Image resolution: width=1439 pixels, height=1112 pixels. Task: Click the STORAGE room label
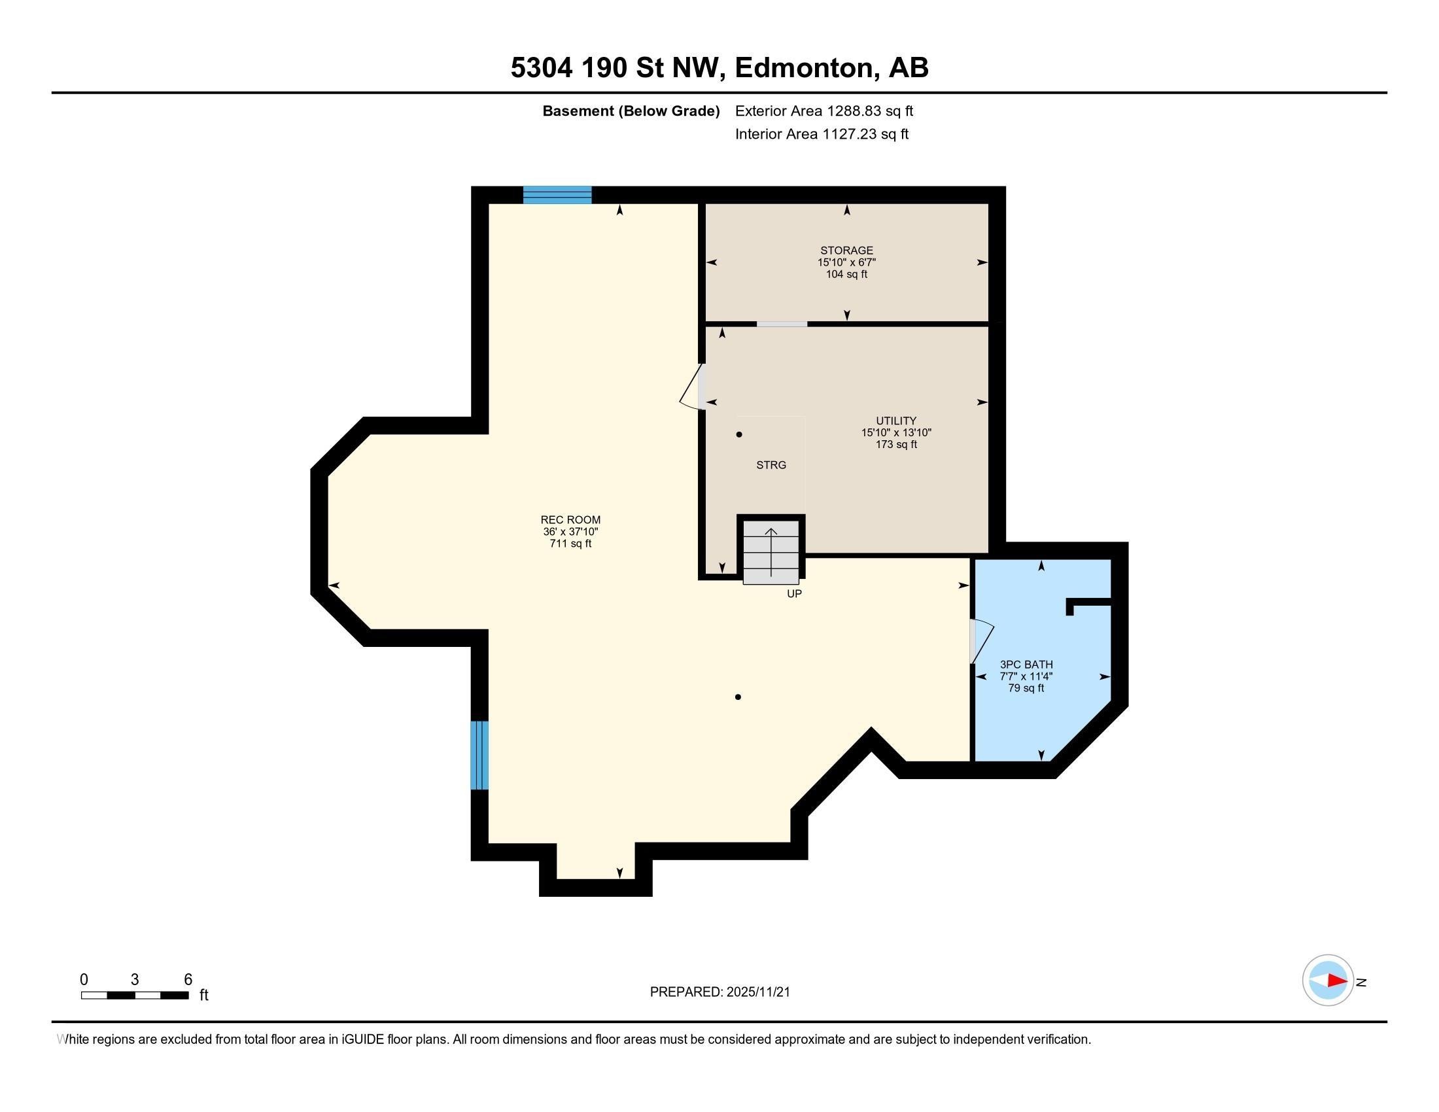click(x=846, y=251)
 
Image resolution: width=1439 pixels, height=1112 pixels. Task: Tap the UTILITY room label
click(x=895, y=421)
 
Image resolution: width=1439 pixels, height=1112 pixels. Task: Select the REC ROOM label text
click(x=570, y=520)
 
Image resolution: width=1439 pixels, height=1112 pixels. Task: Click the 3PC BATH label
click(x=1026, y=665)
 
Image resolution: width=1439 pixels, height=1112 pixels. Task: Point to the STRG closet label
click(x=771, y=465)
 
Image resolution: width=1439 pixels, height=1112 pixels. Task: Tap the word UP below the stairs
click(x=794, y=593)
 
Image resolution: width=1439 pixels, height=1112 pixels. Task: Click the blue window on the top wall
click(x=557, y=195)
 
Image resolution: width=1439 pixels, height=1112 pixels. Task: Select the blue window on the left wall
click(x=479, y=755)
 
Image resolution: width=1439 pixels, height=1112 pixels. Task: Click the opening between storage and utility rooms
click(x=782, y=324)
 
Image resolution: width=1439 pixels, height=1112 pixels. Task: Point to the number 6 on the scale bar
click(x=188, y=980)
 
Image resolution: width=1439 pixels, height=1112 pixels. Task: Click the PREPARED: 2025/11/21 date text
click(x=719, y=992)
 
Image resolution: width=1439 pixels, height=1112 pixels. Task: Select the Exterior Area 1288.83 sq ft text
click(x=824, y=111)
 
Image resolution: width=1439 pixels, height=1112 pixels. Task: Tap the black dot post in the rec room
click(x=738, y=697)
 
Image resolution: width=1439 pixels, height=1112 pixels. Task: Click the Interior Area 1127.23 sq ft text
click(x=822, y=134)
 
